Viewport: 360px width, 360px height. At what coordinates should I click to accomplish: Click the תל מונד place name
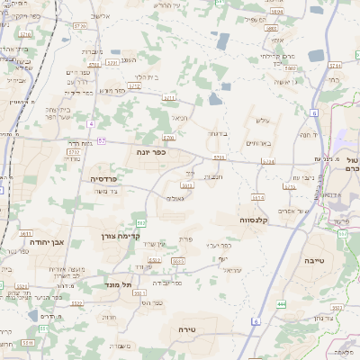(119, 284)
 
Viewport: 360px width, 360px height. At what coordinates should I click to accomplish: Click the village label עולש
(263, 121)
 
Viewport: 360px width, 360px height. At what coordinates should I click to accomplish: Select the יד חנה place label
(306, 134)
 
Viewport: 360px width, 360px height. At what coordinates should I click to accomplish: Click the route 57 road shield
(102, 140)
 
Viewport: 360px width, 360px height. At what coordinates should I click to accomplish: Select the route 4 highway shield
(92, 123)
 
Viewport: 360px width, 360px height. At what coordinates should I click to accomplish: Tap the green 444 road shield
(281, 304)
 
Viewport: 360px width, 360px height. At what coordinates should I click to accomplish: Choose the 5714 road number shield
(335, 65)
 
